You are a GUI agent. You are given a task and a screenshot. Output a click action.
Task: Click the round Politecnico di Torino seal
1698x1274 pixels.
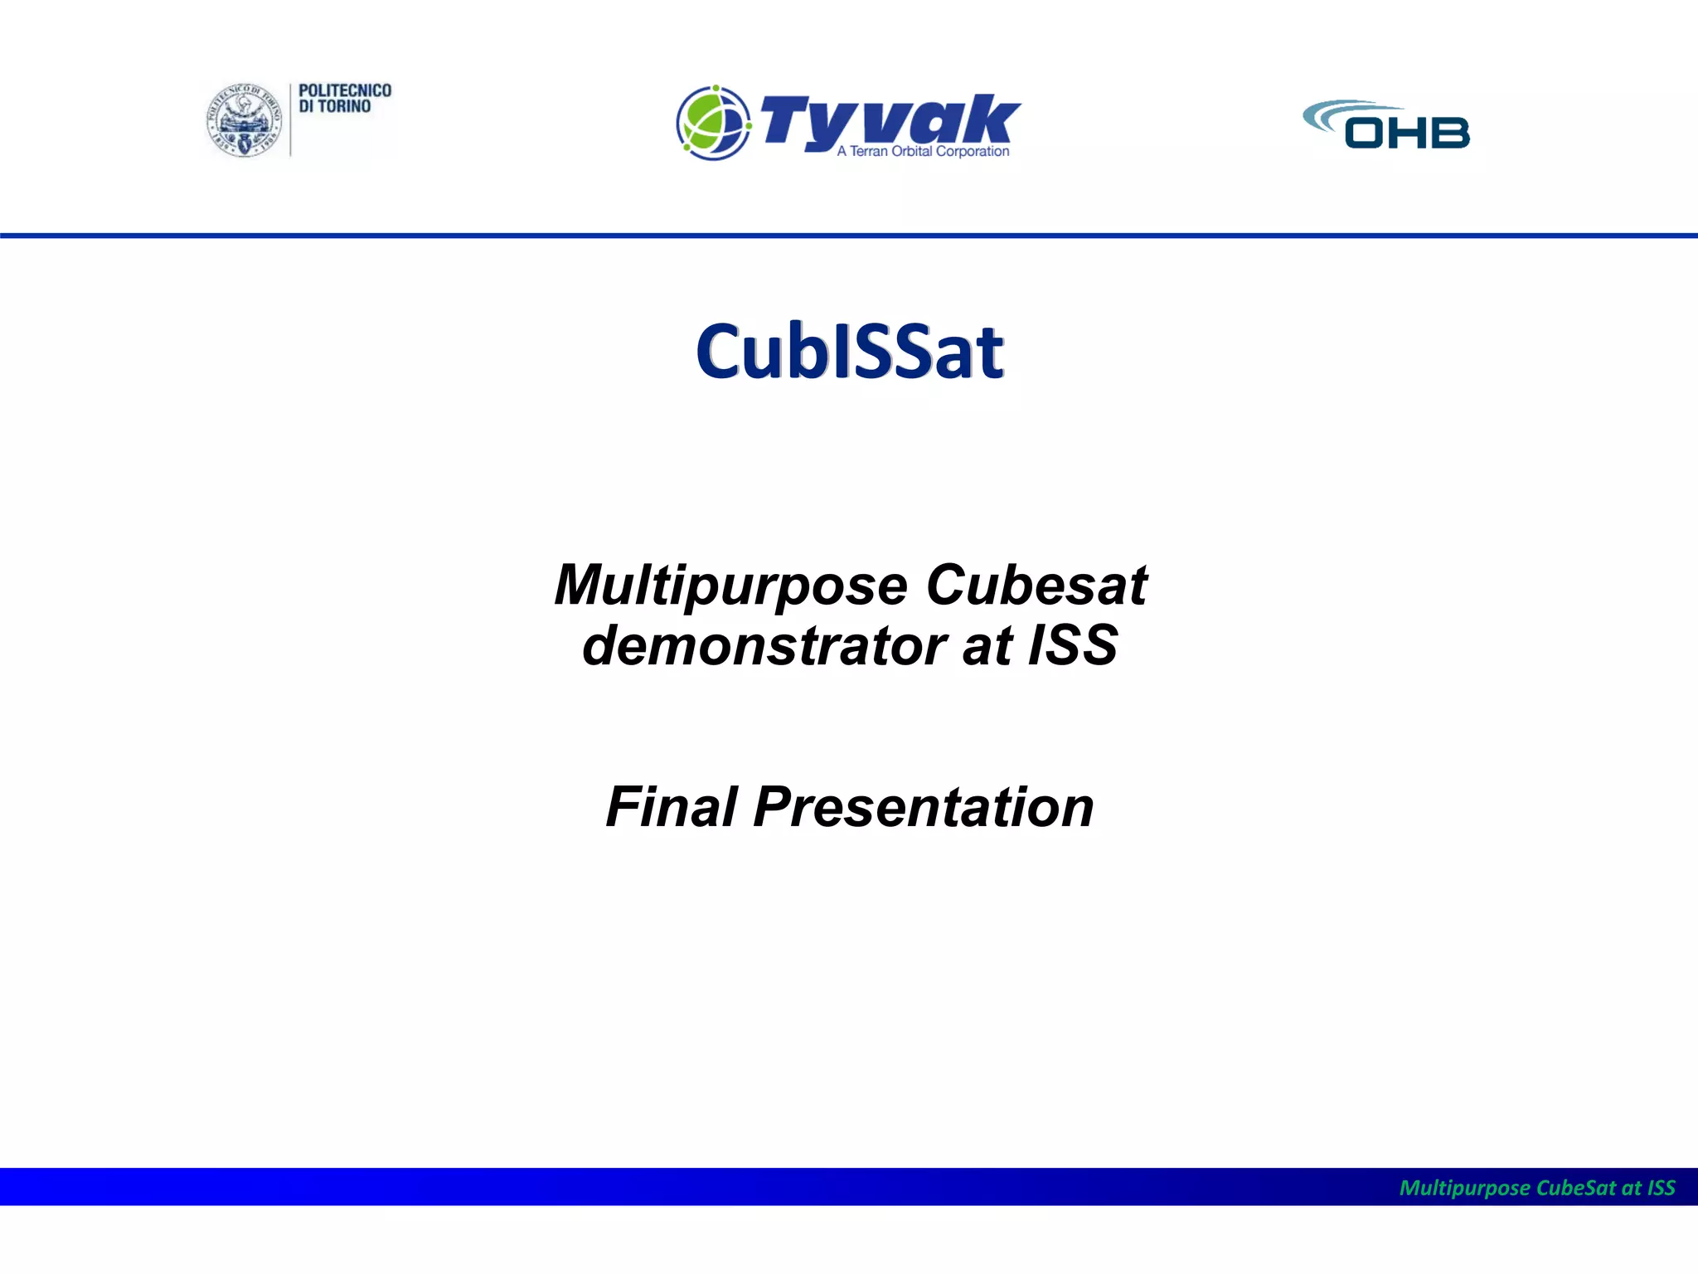click(x=244, y=121)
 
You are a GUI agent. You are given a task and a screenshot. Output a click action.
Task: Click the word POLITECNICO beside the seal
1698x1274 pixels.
click(x=344, y=90)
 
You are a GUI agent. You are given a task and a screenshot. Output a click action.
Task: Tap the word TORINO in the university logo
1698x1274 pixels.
click(x=343, y=107)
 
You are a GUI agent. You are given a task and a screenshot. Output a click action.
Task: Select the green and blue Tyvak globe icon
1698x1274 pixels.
click(x=713, y=123)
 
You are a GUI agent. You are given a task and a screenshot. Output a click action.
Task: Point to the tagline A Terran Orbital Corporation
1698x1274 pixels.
click(x=923, y=151)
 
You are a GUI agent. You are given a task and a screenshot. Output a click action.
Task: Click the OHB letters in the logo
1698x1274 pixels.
click(x=1406, y=133)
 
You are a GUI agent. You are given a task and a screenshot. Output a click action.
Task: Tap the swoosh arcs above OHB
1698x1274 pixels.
click(x=1347, y=113)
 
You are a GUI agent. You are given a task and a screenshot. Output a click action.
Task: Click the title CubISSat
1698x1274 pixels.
click(x=849, y=352)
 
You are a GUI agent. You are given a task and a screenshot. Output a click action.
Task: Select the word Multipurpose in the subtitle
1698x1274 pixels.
click(x=730, y=586)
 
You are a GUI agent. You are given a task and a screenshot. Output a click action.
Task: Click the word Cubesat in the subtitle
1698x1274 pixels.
click(x=1036, y=586)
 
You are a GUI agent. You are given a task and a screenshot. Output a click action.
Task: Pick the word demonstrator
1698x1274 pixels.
click(x=764, y=646)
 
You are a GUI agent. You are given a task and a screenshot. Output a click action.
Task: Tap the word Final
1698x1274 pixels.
click(x=671, y=807)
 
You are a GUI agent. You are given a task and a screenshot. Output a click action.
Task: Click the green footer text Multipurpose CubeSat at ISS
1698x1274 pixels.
click(x=1536, y=1188)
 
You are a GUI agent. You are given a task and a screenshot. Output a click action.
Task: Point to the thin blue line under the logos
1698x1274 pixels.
click(x=849, y=236)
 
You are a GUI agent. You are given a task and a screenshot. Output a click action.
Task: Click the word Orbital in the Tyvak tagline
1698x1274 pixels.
click(x=912, y=151)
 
